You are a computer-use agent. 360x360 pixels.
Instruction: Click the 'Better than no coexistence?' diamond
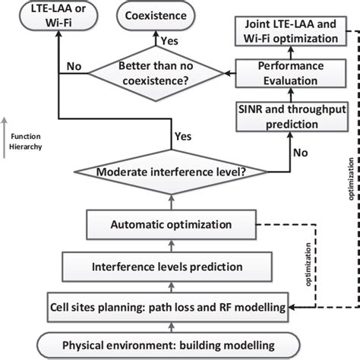pyautogui.click(x=154, y=73)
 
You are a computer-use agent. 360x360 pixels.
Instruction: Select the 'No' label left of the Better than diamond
pyautogui.click(x=73, y=66)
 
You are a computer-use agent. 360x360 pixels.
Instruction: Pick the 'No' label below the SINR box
pyautogui.click(x=301, y=151)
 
